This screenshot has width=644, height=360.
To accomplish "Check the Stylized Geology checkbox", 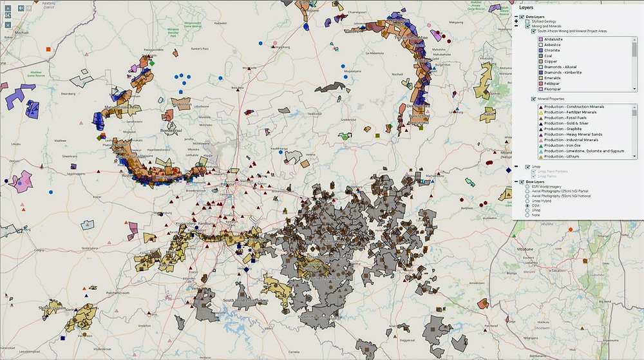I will coord(528,21).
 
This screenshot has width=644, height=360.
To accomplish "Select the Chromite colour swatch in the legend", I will coord(541,50).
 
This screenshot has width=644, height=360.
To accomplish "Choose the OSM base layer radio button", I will coord(527,205).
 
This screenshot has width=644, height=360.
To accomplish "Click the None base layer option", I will coord(527,215).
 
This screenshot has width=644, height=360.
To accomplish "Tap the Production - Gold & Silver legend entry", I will coord(570,123).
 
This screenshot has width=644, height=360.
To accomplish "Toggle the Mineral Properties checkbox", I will coord(533,99).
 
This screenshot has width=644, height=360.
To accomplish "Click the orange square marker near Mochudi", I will coord(48,49).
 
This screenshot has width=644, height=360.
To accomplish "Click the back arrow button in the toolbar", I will coord(21,8).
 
